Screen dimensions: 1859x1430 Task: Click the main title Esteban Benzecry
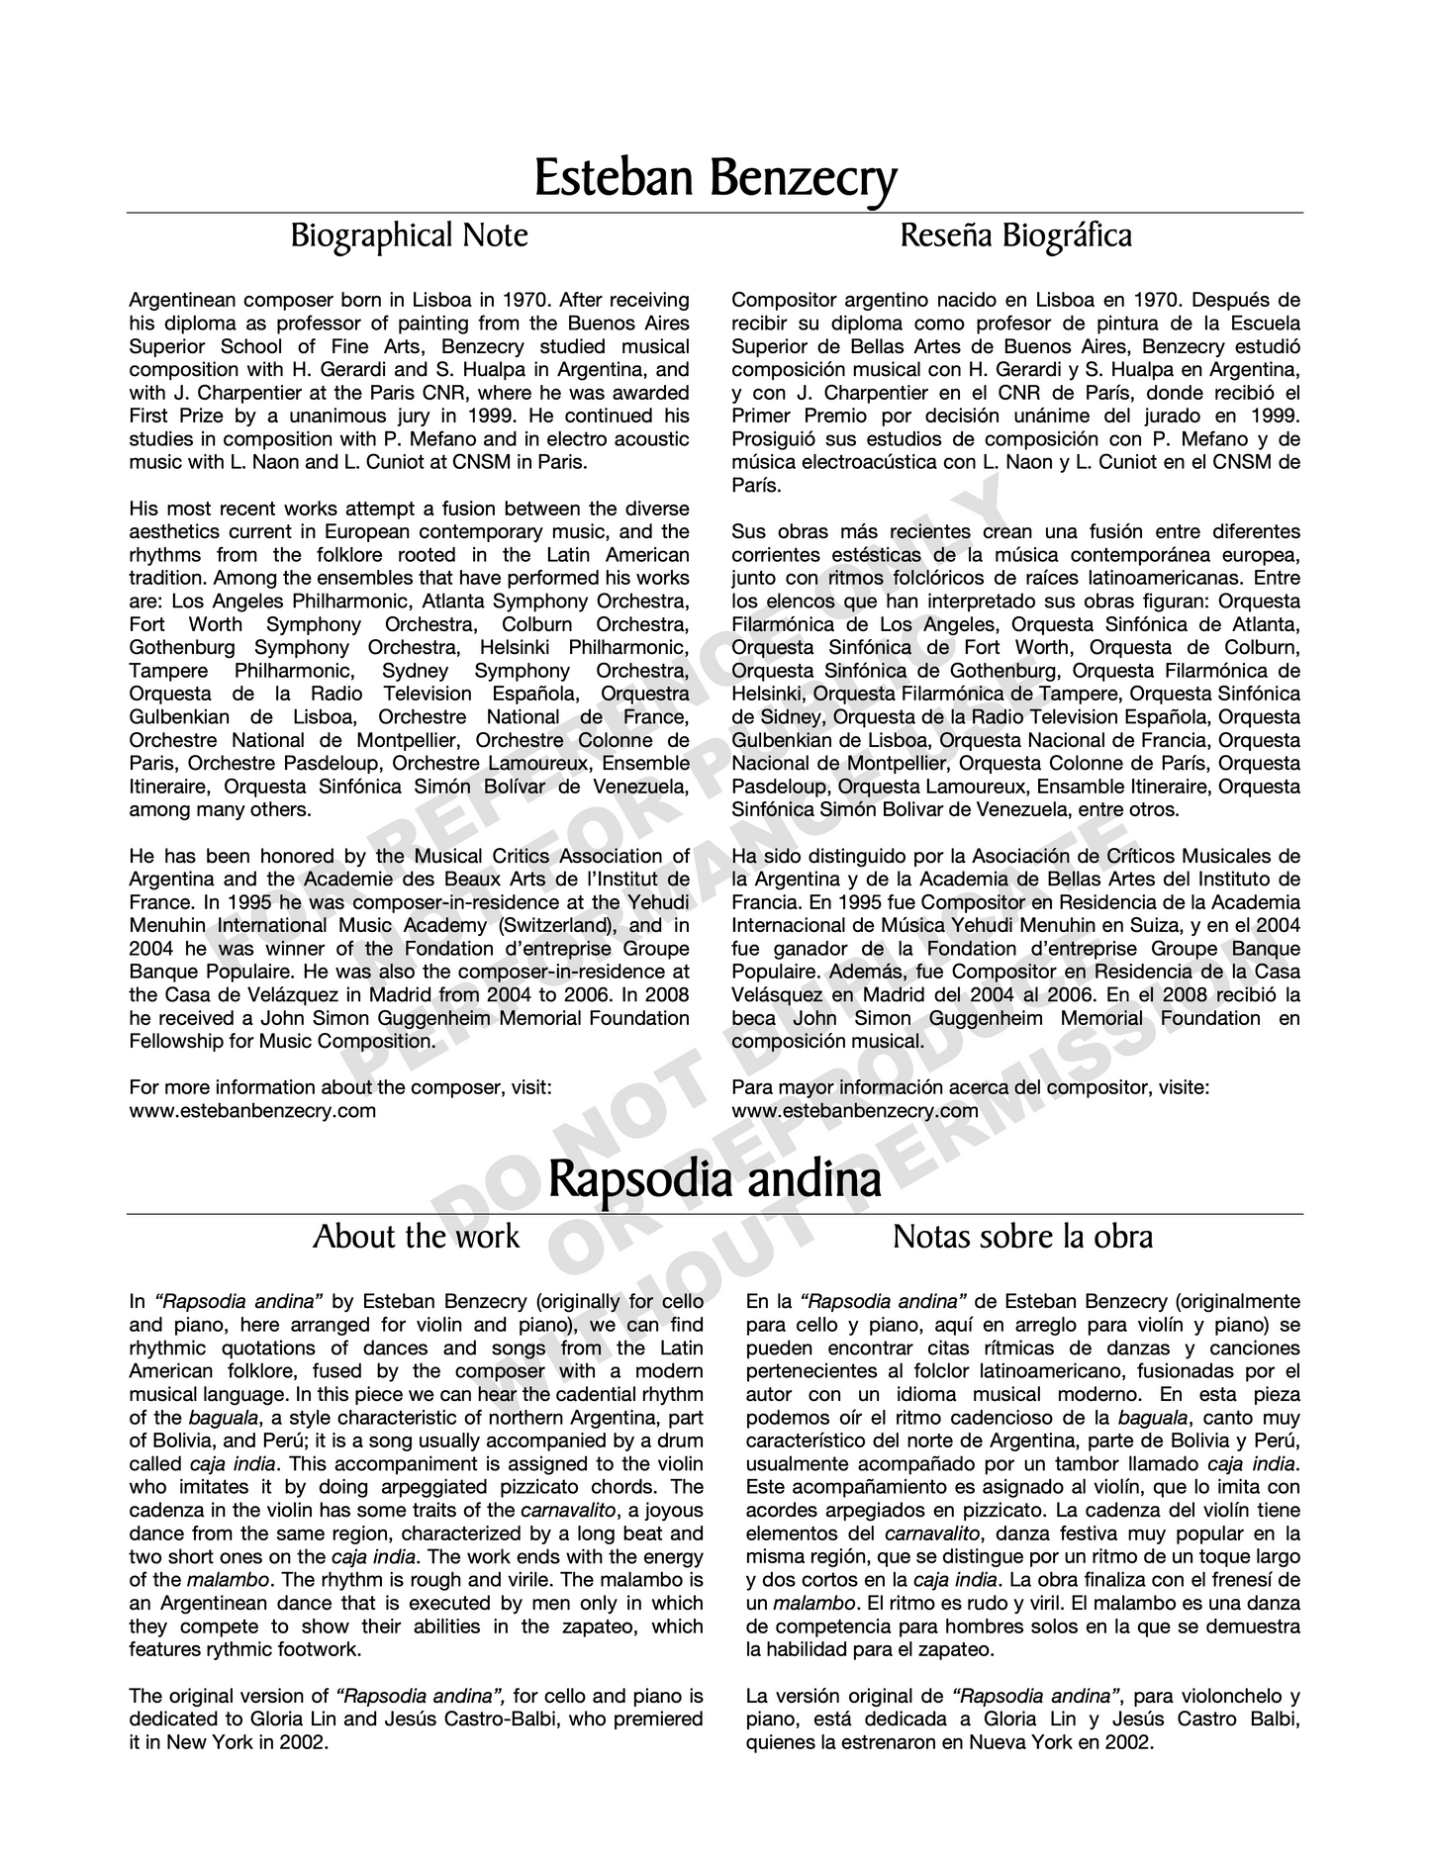click(715, 179)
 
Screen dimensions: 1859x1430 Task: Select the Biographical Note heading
click(409, 236)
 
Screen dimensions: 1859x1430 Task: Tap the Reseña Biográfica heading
click(1016, 236)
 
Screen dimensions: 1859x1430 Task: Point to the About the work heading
click(416, 1237)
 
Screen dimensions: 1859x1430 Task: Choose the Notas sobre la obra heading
click(1022, 1237)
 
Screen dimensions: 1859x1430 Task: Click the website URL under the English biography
click(252, 1110)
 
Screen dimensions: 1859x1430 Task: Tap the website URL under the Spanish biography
click(855, 1110)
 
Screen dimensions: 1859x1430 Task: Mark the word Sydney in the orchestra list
click(416, 671)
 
